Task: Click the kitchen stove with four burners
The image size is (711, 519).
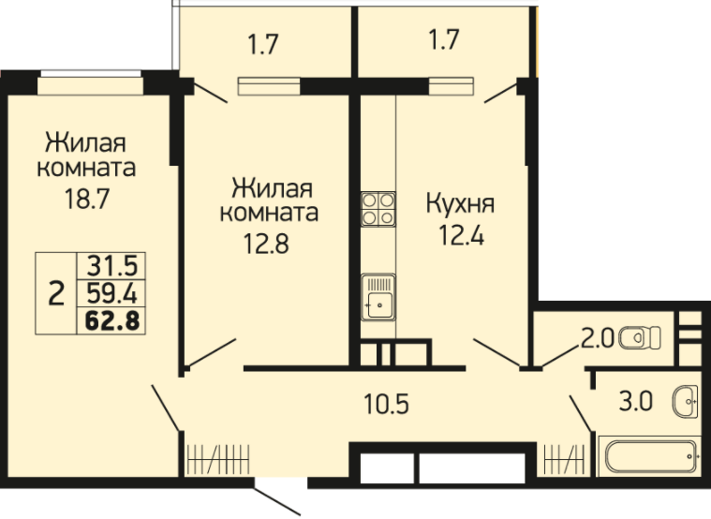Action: [378, 209]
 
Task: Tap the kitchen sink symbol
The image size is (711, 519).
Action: [378, 297]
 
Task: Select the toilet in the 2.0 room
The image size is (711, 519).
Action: [640, 337]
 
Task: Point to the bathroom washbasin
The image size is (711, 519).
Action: [685, 402]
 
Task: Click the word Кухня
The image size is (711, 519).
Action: [460, 203]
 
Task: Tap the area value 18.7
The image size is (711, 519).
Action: [87, 199]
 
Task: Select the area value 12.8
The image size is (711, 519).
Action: [266, 244]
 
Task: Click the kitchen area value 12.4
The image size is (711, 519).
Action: [462, 235]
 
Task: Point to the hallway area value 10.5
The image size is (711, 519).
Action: [386, 404]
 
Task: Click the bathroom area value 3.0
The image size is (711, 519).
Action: [636, 402]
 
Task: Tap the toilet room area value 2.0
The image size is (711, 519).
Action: [598, 338]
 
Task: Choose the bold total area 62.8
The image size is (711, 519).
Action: [112, 320]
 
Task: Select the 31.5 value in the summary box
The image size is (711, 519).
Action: [112, 266]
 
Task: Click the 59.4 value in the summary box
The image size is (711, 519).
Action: [112, 293]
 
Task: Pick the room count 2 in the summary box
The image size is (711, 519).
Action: [56, 293]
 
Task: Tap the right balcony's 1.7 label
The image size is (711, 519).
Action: [444, 40]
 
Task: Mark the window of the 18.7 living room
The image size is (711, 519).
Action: [90, 82]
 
